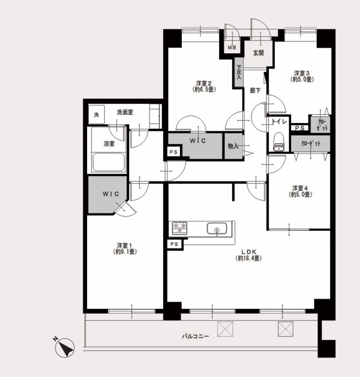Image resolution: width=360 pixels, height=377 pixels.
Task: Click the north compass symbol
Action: [64, 347]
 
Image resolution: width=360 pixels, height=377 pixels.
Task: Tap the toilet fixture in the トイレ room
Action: [278, 141]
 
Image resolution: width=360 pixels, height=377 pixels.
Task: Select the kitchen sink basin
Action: [216, 229]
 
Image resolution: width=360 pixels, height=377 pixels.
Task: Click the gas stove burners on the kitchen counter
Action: [180, 227]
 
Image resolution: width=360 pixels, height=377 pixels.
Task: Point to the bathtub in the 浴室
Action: [109, 162]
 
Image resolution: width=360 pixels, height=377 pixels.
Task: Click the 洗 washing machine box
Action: [96, 115]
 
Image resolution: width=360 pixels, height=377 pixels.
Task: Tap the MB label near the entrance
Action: [232, 48]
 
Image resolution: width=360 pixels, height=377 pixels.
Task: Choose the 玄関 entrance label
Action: [258, 53]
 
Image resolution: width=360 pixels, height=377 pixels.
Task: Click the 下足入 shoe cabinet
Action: [238, 73]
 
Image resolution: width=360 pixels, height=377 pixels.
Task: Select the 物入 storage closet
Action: [234, 146]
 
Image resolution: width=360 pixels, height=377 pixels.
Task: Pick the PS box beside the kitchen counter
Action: [174, 244]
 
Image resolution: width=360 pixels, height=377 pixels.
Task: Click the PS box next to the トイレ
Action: [300, 128]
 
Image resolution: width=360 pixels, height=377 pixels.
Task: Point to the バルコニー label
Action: [195, 336]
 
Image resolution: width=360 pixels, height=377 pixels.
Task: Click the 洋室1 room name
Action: [124, 245]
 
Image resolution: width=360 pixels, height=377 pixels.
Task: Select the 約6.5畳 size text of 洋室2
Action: [204, 89]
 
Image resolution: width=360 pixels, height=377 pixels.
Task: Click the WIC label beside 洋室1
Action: [111, 194]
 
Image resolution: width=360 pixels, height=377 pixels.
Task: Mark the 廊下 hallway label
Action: [255, 91]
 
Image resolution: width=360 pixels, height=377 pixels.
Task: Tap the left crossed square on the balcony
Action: [225, 329]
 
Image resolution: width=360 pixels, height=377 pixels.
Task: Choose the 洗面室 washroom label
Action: [125, 112]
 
